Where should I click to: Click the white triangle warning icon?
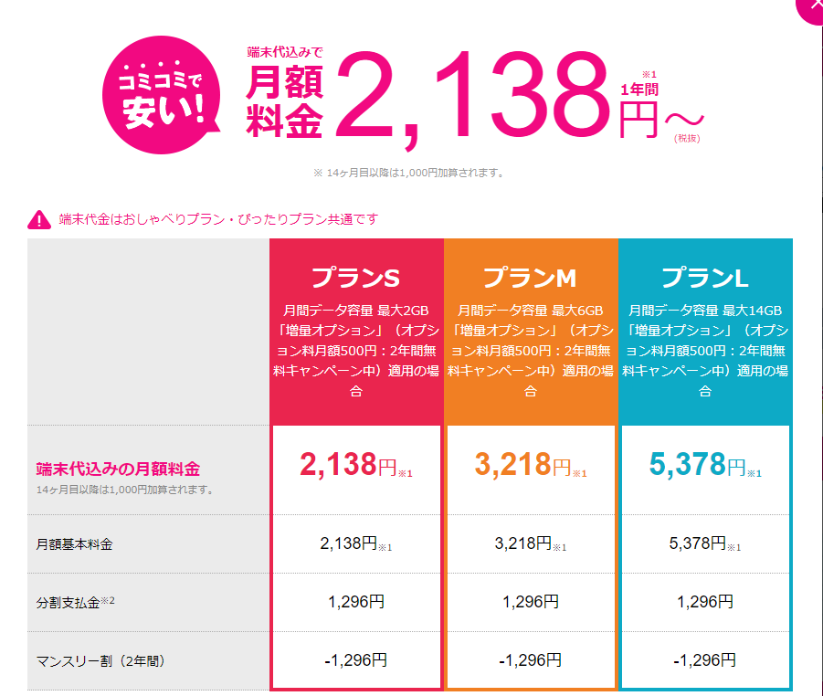tap(39, 219)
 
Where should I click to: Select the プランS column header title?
tap(356, 277)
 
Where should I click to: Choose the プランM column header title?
tap(531, 277)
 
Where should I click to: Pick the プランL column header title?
tap(705, 277)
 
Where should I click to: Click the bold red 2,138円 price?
tap(349, 465)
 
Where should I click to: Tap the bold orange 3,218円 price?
tap(523, 465)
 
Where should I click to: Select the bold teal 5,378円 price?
tap(698, 465)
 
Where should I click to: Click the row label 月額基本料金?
tap(75, 544)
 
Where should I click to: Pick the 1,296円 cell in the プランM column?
tap(531, 602)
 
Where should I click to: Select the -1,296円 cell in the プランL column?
tap(705, 659)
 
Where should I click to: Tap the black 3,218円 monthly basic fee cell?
tap(525, 543)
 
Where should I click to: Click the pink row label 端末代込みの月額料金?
tap(118, 469)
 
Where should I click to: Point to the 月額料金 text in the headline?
tap(284, 103)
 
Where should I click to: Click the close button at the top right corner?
tap(811, 7)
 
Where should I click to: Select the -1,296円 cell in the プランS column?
tap(356, 659)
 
